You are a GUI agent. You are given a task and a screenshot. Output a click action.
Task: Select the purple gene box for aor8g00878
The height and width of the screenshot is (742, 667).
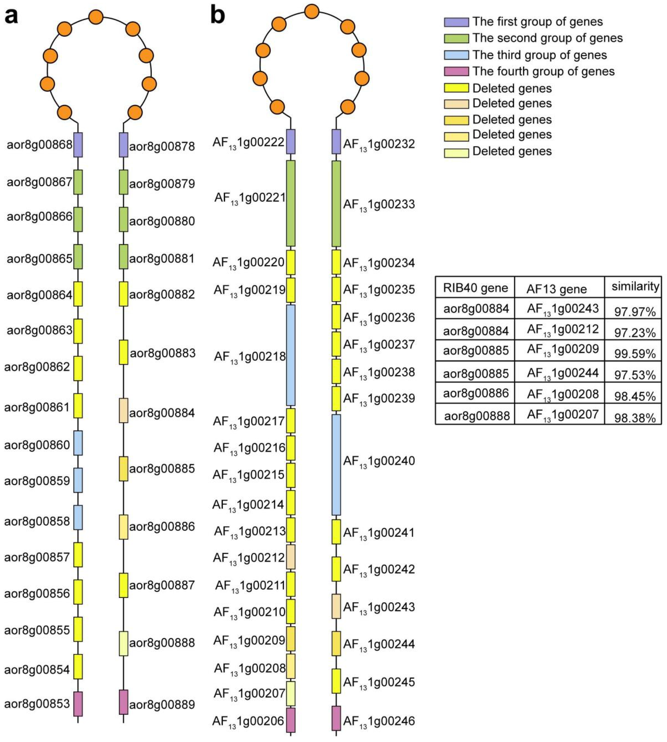tap(124, 145)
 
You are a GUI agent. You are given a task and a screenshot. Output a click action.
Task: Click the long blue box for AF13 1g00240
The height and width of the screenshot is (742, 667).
tap(336, 465)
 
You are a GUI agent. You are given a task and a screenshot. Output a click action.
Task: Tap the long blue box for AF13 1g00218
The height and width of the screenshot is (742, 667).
tap(291, 355)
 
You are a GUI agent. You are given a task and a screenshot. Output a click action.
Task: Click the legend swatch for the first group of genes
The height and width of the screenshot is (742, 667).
tap(456, 22)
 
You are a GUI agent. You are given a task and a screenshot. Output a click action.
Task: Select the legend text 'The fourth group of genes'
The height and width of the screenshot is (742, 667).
tap(543, 71)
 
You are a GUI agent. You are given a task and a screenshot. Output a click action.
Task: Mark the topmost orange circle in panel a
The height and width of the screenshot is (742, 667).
tap(96, 17)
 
